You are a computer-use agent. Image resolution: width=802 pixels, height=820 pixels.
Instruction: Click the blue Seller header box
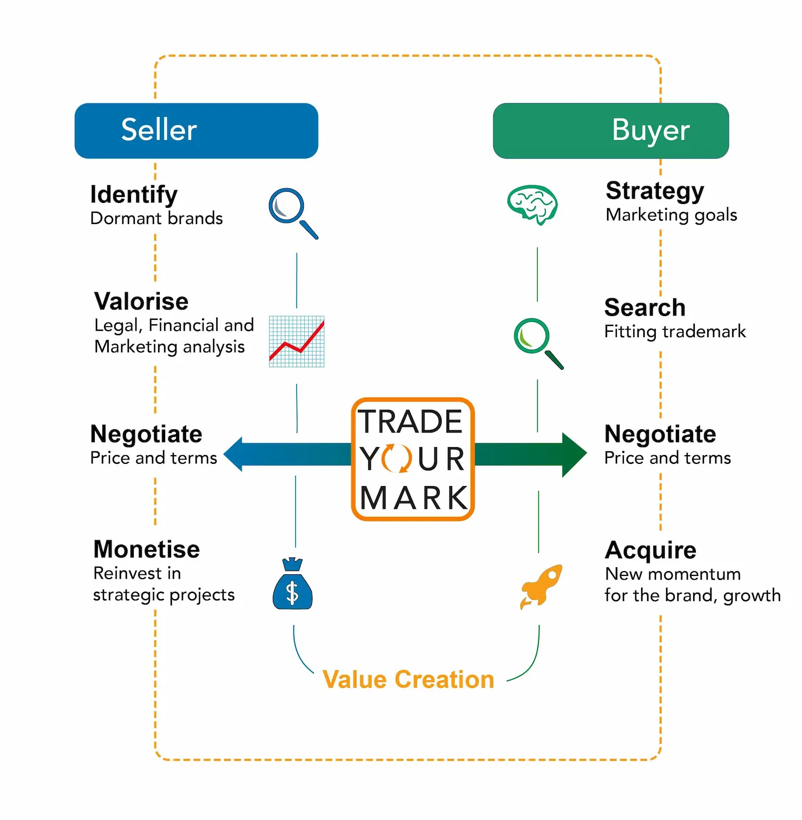(x=196, y=130)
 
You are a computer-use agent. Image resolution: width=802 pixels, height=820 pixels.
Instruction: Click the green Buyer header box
(x=610, y=130)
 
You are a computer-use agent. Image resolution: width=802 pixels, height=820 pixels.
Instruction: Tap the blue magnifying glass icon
(x=293, y=213)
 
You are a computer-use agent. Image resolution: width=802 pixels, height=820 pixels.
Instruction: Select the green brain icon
(x=532, y=205)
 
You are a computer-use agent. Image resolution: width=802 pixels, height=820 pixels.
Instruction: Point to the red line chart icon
(x=297, y=342)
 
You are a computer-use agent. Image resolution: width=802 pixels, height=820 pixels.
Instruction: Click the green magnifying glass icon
(x=538, y=343)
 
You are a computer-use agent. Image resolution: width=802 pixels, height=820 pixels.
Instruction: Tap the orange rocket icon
(x=541, y=586)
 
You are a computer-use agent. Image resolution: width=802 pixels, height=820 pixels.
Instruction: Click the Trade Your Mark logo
(x=413, y=459)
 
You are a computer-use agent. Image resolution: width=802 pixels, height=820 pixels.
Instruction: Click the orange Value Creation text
(x=408, y=679)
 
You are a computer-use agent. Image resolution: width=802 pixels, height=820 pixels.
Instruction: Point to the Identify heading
(x=134, y=194)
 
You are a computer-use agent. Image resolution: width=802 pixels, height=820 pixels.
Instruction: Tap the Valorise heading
(x=141, y=301)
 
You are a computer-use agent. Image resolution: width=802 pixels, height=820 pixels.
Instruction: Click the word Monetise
(x=147, y=549)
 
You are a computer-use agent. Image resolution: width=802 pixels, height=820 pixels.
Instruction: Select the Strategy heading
(x=655, y=191)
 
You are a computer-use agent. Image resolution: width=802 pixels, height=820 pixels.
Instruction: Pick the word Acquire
(x=650, y=550)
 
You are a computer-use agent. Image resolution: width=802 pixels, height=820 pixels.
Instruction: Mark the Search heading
(x=644, y=307)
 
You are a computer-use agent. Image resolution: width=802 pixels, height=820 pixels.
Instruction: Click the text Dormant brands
(x=157, y=218)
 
